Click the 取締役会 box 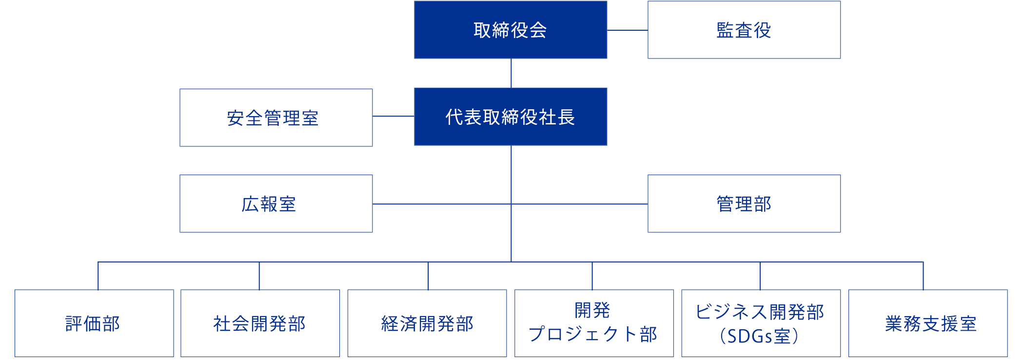(x=511, y=30)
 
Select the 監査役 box (x=744, y=30)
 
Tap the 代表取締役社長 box (x=511, y=117)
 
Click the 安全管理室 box (x=276, y=118)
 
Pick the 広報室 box (x=276, y=203)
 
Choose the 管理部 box (x=744, y=203)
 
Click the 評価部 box (x=94, y=323)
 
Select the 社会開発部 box (x=260, y=323)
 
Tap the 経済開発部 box (x=427, y=323)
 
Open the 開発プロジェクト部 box (x=594, y=323)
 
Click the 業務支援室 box (x=928, y=323)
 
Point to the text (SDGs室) (x=759, y=336)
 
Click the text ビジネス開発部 (x=760, y=312)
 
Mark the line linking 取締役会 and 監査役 (x=628, y=30)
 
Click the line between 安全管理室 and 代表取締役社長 (x=394, y=116)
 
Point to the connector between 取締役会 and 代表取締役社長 (x=511, y=73)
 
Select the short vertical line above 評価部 (x=98, y=276)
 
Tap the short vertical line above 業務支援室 (x=923, y=276)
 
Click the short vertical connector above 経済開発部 (x=428, y=276)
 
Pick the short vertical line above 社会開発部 (x=259, y=276)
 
